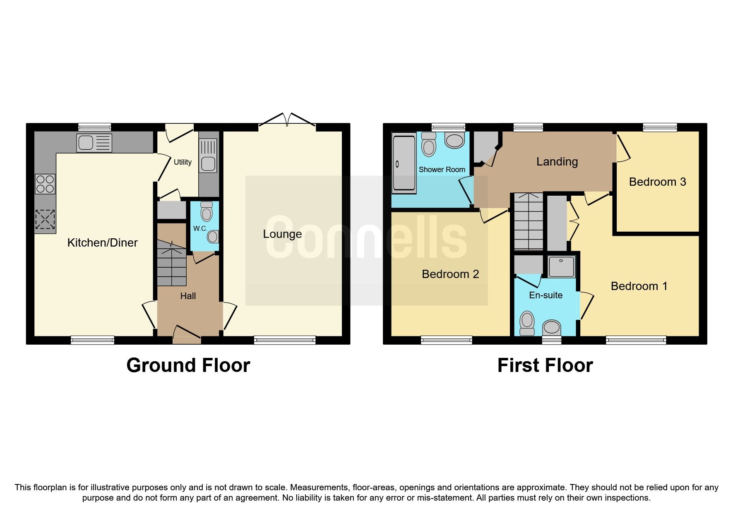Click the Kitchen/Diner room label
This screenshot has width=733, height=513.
(102, 242)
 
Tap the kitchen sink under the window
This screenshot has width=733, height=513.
(94, 143)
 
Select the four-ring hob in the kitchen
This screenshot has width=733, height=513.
(45, 184)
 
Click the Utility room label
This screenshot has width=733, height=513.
(183, 162)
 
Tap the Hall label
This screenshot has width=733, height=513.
(188, 296)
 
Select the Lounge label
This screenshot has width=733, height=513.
(282, 234)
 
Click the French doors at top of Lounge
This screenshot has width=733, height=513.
(288, 119)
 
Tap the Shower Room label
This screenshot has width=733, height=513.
(442, 170)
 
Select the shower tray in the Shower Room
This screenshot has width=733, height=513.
(404, 164)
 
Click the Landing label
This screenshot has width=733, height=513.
(557, 161)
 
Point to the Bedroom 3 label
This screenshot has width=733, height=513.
(657, 182)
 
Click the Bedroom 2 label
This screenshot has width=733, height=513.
(450, 274)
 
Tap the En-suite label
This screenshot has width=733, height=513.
(546, 295)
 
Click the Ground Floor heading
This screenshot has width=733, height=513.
(188, 365)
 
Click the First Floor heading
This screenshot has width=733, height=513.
(545, 365)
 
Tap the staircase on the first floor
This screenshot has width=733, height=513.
(528, 222)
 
